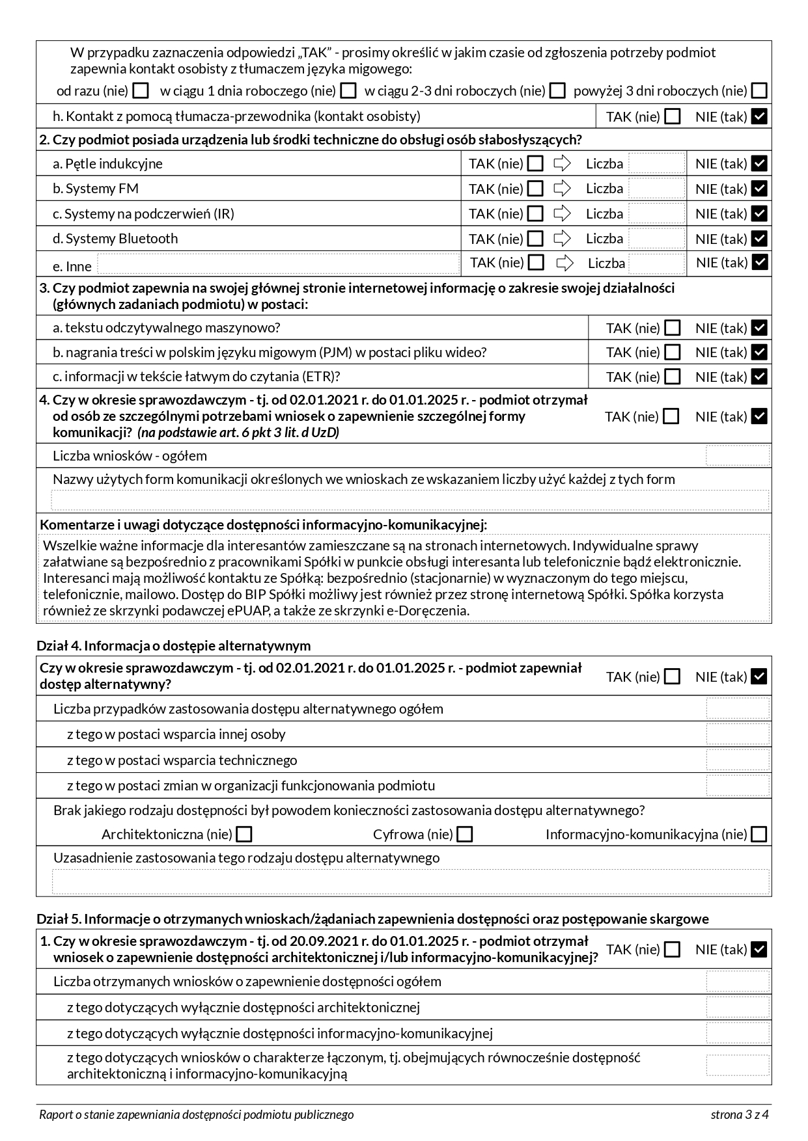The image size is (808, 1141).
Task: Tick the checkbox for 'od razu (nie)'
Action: pos(140,91)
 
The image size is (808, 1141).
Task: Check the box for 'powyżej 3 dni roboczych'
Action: pos(759,91)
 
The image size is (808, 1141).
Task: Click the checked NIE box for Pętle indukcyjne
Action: pos(759,163)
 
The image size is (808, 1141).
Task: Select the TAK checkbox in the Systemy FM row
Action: pos(535,189)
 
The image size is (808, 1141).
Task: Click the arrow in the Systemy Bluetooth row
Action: pos(562,239)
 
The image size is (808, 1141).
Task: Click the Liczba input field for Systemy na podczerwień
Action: pos(656,213)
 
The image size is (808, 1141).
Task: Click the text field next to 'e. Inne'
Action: pos(278,264)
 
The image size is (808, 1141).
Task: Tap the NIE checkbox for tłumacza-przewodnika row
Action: pos(759,116)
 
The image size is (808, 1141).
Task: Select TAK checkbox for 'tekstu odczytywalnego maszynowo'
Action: pos(672,328)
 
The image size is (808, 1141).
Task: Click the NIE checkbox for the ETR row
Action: pos(759,377)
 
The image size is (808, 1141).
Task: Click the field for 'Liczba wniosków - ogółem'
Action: pos(737,455)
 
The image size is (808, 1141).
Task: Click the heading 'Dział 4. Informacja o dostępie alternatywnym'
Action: pos(174,645)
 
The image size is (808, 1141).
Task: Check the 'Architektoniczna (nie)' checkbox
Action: pos(244,834)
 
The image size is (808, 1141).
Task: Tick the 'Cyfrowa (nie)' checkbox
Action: pos(465,834)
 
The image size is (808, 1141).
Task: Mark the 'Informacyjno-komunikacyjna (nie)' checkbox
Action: pos(759,834)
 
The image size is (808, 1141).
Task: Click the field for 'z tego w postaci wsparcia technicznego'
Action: pos(737,760)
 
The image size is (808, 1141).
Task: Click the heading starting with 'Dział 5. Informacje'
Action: pos(372,919)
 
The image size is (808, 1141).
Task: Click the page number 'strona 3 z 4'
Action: pos(740,1114)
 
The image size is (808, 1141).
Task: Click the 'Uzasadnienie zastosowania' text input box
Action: pos(410,881)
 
